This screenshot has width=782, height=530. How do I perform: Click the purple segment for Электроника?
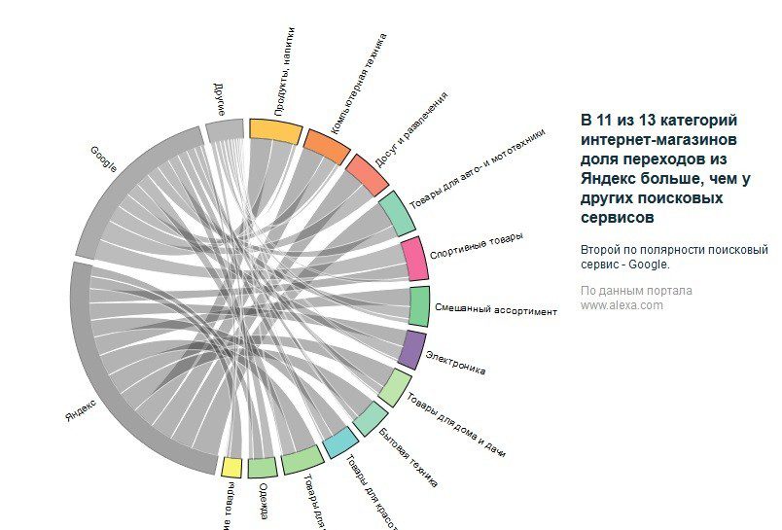pyautogui.click(x=412, y=349)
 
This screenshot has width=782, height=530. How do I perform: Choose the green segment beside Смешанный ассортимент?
pyautogui.click(x=419, y=305)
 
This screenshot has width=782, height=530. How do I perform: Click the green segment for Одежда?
pyautogui.click(x=262, y=468)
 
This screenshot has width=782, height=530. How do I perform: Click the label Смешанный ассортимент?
pyautogui.click(x=495, y=310)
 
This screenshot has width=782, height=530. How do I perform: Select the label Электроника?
pyautogui.click(x=455, y=364)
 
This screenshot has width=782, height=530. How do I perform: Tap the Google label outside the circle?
pyautogui.click(x=104, y=158)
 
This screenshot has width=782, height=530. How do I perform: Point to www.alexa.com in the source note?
pyautogui.click(x=622, y=304)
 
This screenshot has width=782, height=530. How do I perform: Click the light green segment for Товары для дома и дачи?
pyautogui.click(x=394, y=387)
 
